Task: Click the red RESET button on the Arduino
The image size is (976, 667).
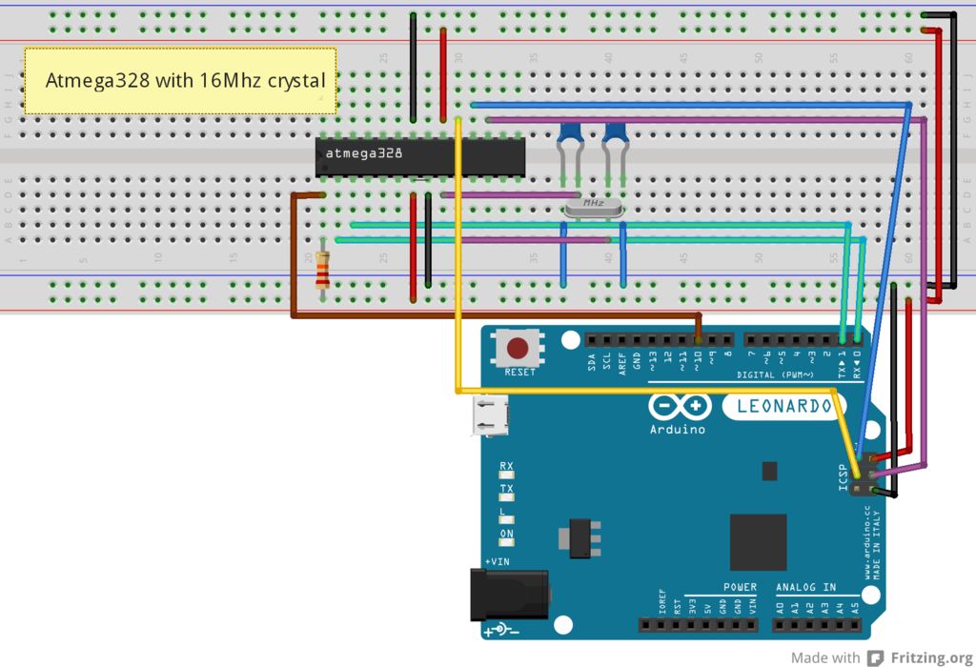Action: coord(519,349)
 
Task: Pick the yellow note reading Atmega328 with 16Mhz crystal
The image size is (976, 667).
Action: coord(180,81)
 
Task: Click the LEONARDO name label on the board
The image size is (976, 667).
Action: coord(783,407)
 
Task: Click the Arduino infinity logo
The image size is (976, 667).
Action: coord(681,407)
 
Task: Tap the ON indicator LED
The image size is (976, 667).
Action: coord(507,543)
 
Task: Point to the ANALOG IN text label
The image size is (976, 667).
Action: coord(805,588)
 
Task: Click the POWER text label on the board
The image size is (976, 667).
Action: coord(740,588)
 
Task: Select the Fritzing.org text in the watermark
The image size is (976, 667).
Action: coord(919,657)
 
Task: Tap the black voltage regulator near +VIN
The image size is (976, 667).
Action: coord(579,537)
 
